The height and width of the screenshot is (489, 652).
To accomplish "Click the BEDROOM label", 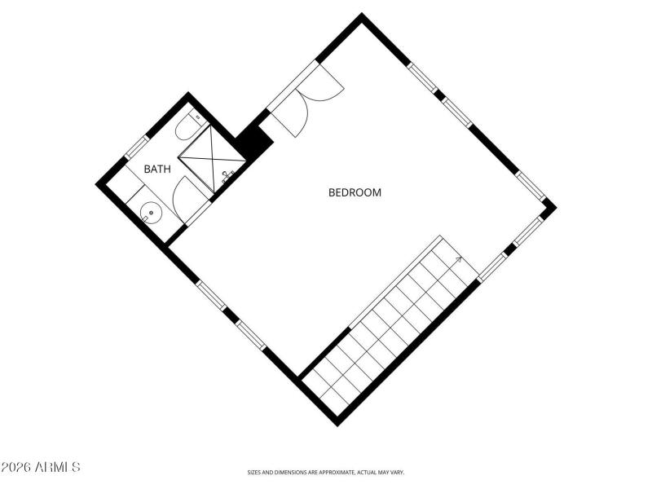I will point(355,193).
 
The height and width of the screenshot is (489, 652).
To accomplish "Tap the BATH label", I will point(157,170).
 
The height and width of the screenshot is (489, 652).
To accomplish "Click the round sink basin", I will point(151,214).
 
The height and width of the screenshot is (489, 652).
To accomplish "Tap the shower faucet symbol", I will point(227,174).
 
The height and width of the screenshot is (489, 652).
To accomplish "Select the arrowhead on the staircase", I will point(458,260).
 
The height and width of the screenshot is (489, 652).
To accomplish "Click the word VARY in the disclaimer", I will point(396,472).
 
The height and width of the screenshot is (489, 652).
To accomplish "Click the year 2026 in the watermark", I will point(16,467).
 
